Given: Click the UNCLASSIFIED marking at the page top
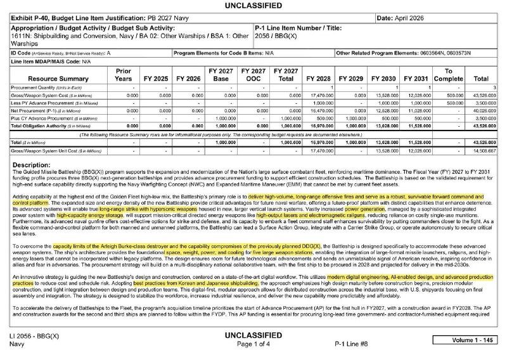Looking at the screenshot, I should (x=253, y=6).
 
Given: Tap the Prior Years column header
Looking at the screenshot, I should (x=124, y=75).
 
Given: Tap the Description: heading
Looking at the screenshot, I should (x=36, y=165).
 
